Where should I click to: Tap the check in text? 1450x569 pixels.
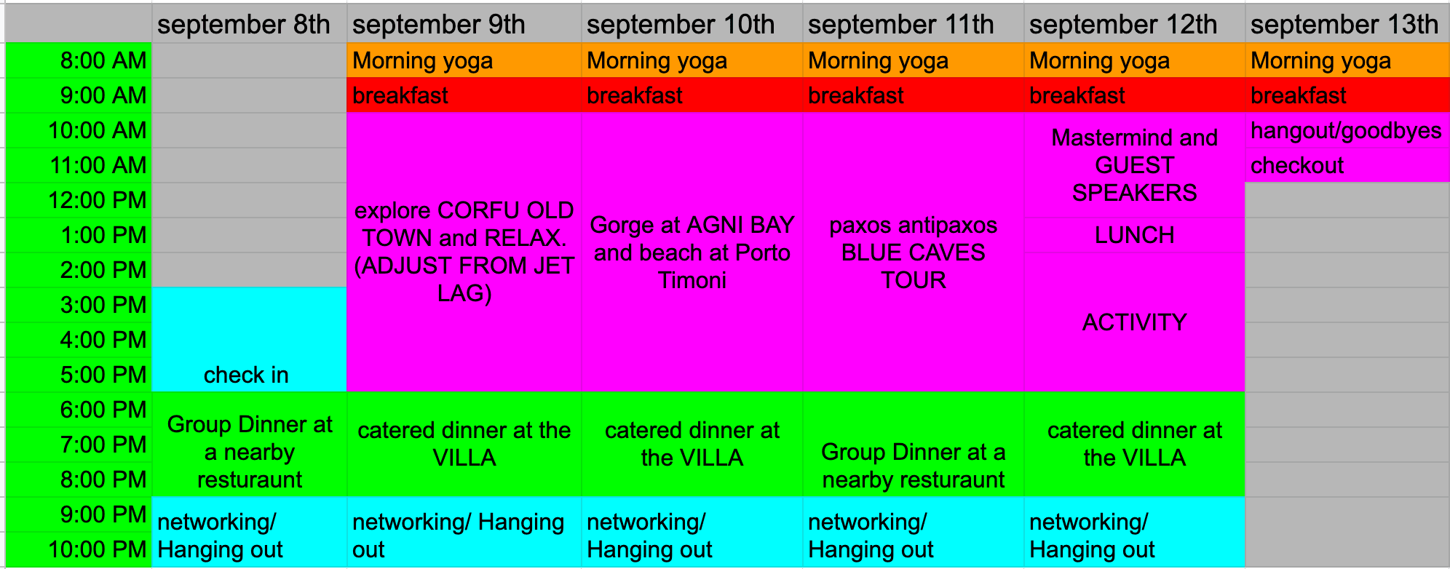(246, 375)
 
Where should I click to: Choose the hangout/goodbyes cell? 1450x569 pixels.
(1347, 130)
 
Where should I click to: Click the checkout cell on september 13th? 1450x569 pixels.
(1347, 165)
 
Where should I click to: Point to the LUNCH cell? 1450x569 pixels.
(1134, 235)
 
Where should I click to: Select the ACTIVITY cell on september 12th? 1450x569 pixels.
(1134, 322)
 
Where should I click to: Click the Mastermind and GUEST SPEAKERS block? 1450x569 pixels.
(1134, 165)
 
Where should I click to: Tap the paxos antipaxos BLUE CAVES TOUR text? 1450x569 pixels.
(914, 252)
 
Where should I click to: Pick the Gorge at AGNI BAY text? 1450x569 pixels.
(692, 225)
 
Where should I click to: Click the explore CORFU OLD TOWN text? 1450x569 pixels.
(464, 224)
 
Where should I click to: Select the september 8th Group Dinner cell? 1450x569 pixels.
(249, 445)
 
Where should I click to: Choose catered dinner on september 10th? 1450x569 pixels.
(692, 445)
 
